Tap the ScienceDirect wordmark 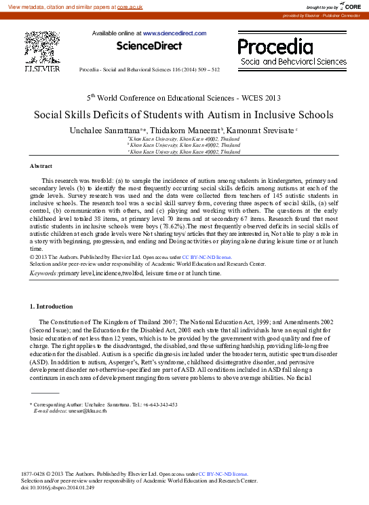coord(149,46)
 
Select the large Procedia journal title coord(275,47)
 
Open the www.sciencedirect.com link coord(172,32)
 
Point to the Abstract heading coord(41,166)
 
